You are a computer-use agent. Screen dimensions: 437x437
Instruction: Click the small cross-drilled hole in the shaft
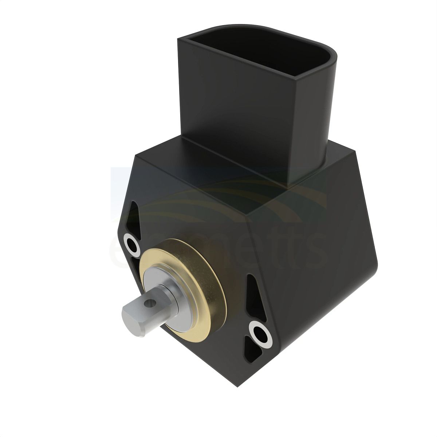point(148,303)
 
